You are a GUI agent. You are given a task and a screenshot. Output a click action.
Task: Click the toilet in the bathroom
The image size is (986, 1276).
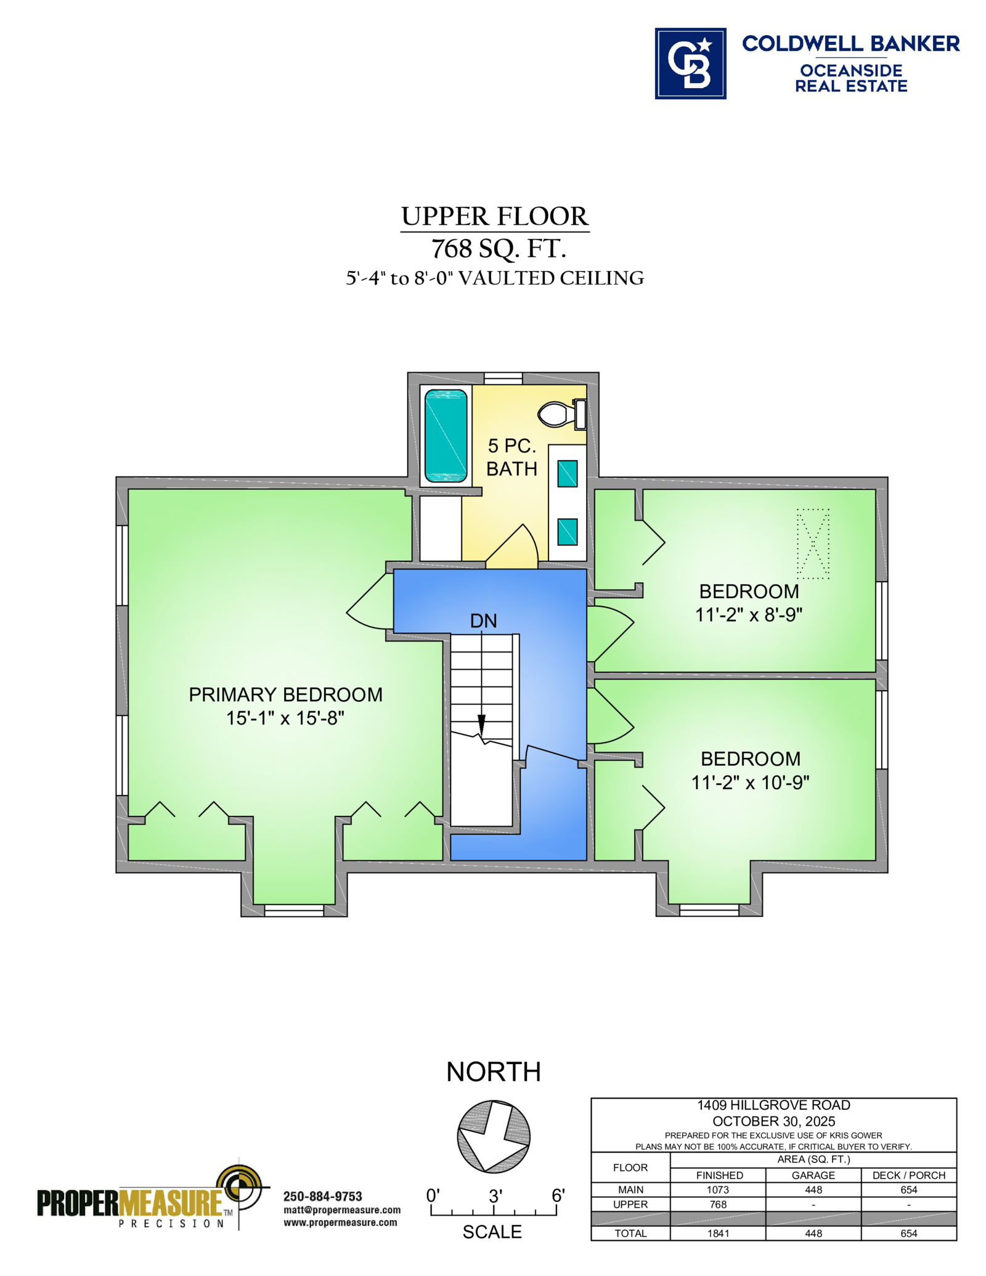561,413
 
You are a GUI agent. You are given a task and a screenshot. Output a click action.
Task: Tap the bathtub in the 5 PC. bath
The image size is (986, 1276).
446,435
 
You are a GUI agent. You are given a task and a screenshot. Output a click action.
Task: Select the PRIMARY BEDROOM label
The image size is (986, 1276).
285,694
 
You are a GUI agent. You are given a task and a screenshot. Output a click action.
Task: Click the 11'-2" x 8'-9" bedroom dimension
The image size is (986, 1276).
749,614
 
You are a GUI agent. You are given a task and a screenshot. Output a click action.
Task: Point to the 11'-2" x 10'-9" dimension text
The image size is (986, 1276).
750,782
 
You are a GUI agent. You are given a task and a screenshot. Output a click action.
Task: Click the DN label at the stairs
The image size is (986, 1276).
483,620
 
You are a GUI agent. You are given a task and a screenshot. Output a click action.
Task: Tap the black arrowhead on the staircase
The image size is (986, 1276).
481,725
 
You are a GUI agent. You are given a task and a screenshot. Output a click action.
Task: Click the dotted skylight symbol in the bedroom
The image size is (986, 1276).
813,543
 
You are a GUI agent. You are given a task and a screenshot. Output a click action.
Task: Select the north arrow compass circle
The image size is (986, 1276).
494,1137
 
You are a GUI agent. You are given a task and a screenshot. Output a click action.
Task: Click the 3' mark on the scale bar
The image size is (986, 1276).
495,1196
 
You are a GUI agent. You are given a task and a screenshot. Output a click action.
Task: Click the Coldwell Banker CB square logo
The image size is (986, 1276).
690,63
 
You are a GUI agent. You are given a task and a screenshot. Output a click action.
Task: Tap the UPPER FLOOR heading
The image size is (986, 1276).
495,216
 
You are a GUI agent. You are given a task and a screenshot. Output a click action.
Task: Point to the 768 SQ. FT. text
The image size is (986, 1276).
499,249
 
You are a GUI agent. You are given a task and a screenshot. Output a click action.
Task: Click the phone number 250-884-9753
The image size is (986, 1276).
322,1197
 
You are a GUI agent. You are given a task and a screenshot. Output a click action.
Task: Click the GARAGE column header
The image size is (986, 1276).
813,1176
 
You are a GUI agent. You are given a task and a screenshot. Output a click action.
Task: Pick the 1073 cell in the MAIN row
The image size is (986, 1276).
718,1190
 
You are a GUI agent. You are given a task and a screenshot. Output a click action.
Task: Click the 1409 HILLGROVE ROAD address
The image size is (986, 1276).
773,1105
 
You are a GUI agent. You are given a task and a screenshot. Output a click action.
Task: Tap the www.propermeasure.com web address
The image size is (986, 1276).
340,1222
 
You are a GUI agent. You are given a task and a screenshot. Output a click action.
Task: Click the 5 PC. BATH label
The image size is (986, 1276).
511,457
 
